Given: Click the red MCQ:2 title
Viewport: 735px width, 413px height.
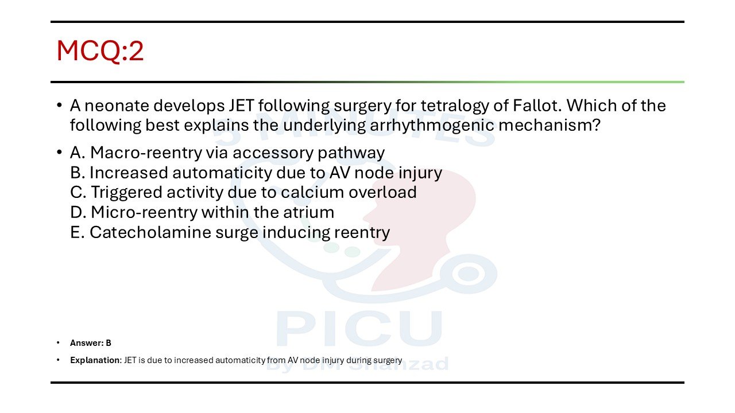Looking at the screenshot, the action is pos(100,50).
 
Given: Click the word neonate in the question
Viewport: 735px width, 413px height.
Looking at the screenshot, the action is pos(117,106).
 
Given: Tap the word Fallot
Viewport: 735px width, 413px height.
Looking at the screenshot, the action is pos(536,106).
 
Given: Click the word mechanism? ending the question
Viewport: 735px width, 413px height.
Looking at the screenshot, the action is pos(550,125).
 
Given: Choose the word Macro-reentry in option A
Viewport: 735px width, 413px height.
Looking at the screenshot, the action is pos(146,153).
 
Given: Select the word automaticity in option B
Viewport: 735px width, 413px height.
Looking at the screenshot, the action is pos(222,173).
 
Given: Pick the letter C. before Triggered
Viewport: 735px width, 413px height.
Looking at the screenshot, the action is pos(78,192).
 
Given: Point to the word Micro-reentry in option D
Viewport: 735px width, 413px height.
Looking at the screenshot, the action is pos(144,212).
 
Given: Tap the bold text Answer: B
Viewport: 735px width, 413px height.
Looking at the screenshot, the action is pos(91,343).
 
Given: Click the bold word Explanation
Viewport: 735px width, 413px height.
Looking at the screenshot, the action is pos(95,360).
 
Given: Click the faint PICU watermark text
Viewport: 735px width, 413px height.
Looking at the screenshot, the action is pos(359,329).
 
